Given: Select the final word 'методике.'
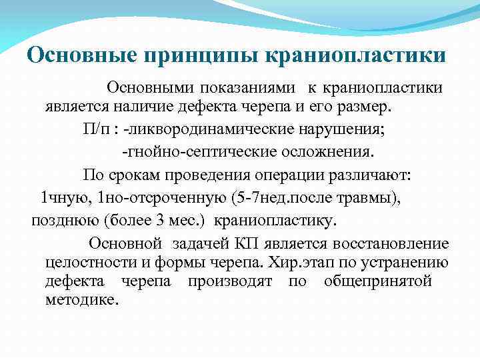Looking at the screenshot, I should click(x=82, y=300).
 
